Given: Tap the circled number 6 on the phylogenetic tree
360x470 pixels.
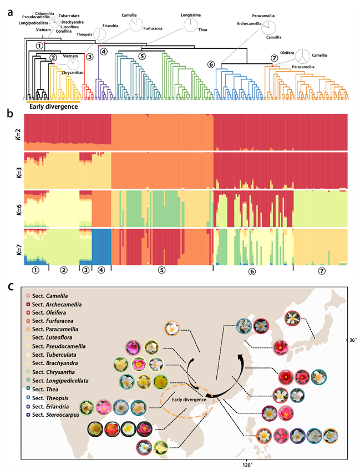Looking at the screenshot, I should pyautogui.click(x=211, y=64).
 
